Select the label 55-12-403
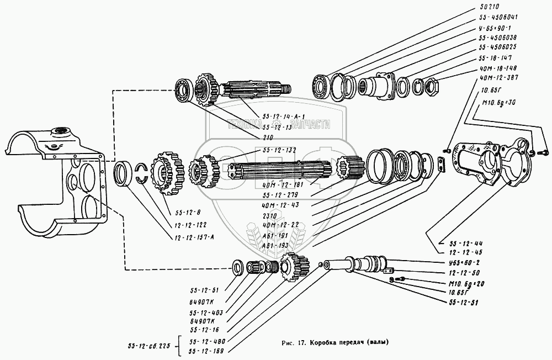click(x=203, y=311)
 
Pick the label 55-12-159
click(x=206, y=351)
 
